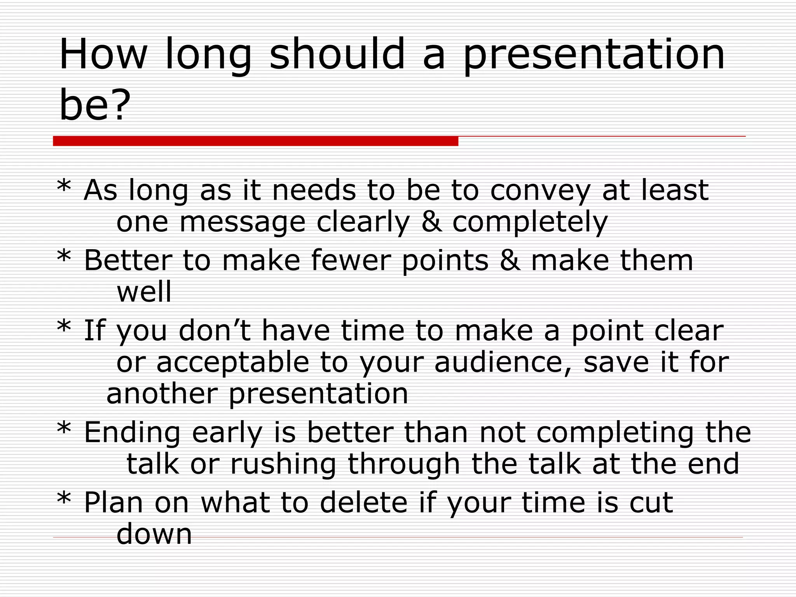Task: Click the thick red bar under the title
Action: tap(255, 141)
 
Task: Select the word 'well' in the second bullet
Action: tap(144, 292)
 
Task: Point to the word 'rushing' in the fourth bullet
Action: tap(283, 464)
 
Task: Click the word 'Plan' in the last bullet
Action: tap(113, 503)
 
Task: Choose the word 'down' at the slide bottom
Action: tap(154, 534)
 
